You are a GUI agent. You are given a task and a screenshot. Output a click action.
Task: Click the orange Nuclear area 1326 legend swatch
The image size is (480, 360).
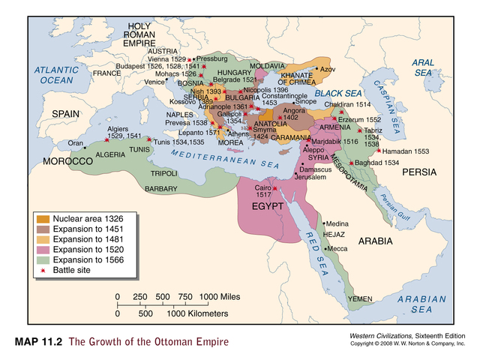pos(45,219)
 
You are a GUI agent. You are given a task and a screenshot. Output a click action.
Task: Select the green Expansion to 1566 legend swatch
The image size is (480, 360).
pos(45,259)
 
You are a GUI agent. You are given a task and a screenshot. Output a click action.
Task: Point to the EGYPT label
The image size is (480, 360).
pos(267,205)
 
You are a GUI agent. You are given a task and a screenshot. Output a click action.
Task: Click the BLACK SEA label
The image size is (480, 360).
pos(338,94)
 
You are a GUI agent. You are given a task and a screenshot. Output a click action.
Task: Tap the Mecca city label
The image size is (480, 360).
pos(337,248)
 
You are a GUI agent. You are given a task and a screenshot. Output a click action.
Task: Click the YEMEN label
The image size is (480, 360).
pos(361,299)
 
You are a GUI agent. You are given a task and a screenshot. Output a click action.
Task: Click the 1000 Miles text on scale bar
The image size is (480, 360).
pos(220,298)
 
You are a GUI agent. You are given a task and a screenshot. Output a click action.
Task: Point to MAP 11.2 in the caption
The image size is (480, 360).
pos(38,343)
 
